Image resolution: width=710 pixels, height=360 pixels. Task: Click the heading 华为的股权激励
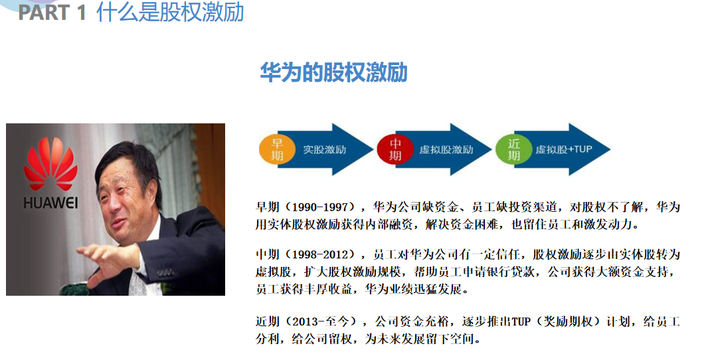pos(333,72)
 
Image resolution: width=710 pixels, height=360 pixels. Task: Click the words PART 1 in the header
pos(52,12)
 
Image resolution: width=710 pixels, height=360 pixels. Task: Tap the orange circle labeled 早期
pos(277,149)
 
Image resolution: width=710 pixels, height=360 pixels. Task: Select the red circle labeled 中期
pos(395,149)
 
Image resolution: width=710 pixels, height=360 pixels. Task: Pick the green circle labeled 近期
pos(513,149)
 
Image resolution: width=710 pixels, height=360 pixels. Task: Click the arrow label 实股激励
pos(325,149)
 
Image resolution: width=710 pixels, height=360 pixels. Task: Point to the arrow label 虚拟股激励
pos(446,149)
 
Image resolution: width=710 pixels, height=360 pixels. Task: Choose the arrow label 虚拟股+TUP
pos(564,149)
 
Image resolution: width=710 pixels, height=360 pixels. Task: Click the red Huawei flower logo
pos(50,163)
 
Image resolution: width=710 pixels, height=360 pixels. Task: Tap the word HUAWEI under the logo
pos(50,203)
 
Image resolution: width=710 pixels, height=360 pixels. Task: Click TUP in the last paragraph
pos(521,322)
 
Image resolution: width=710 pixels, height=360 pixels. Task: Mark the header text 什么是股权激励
pos(170,12)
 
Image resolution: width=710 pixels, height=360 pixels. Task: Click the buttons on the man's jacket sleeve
pos(165,272)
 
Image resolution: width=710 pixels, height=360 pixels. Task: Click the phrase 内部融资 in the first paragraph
pos(387,224)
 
